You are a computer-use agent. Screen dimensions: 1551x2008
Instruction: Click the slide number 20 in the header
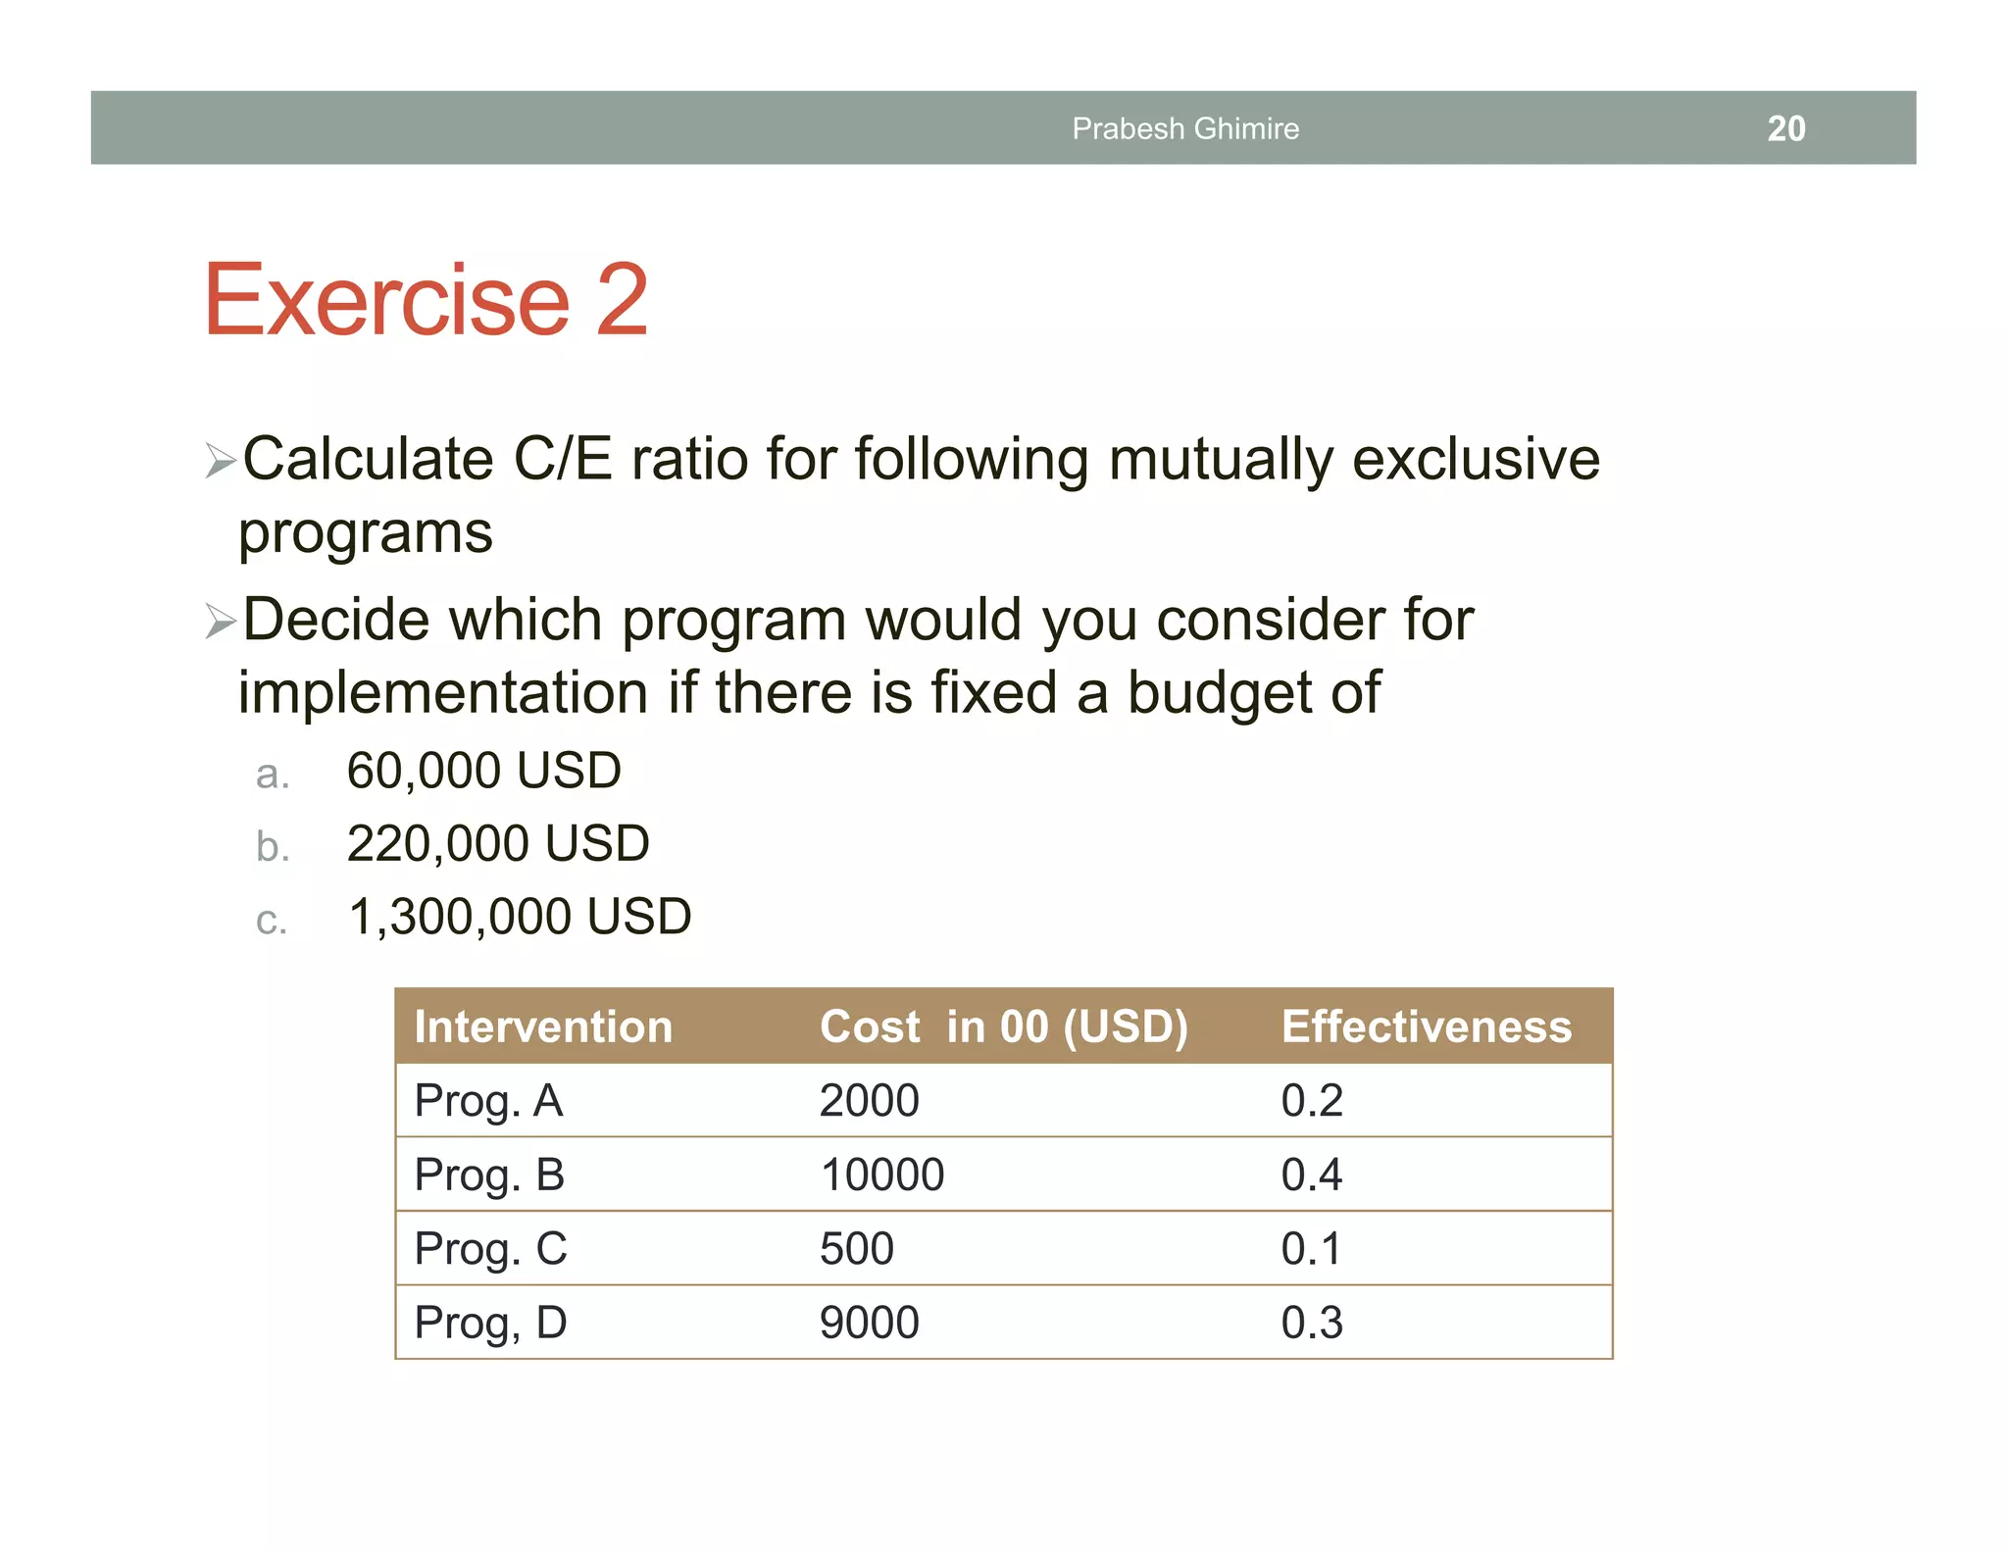pos(1785,128)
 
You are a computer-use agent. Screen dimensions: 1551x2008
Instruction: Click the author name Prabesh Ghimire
pos(1184,128)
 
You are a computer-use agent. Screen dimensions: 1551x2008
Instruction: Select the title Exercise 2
pos(426,299)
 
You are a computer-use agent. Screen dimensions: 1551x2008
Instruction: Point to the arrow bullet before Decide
pos(220,622)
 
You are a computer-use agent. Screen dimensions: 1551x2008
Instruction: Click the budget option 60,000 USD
pos(483,771)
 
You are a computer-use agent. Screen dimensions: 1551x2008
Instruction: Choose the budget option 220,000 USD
pos(497,844)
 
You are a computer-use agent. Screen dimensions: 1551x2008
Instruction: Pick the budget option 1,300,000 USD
pos(520,918)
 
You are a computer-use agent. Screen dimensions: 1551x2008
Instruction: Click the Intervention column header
pos(543,1026)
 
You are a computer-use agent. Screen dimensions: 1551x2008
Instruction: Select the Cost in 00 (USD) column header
pos(1003,1026)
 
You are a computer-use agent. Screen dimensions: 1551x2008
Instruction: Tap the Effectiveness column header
pos(1426,1026)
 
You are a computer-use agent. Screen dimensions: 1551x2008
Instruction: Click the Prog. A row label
pos(488,1101)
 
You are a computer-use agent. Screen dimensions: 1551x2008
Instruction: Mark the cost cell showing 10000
pos(881,1175)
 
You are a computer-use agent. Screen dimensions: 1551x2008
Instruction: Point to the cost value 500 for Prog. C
pos(856,1249)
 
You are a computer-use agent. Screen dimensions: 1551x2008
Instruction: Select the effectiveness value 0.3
pos(1311,1323)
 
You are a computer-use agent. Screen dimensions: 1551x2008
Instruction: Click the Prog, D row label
pos(490,1323)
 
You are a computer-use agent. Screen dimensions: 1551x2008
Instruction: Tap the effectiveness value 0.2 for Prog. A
pos(1311,1101)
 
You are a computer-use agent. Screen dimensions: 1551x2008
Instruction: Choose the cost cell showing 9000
pos(869,1323)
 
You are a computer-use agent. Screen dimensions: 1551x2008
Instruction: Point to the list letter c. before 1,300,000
pos(271,921)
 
